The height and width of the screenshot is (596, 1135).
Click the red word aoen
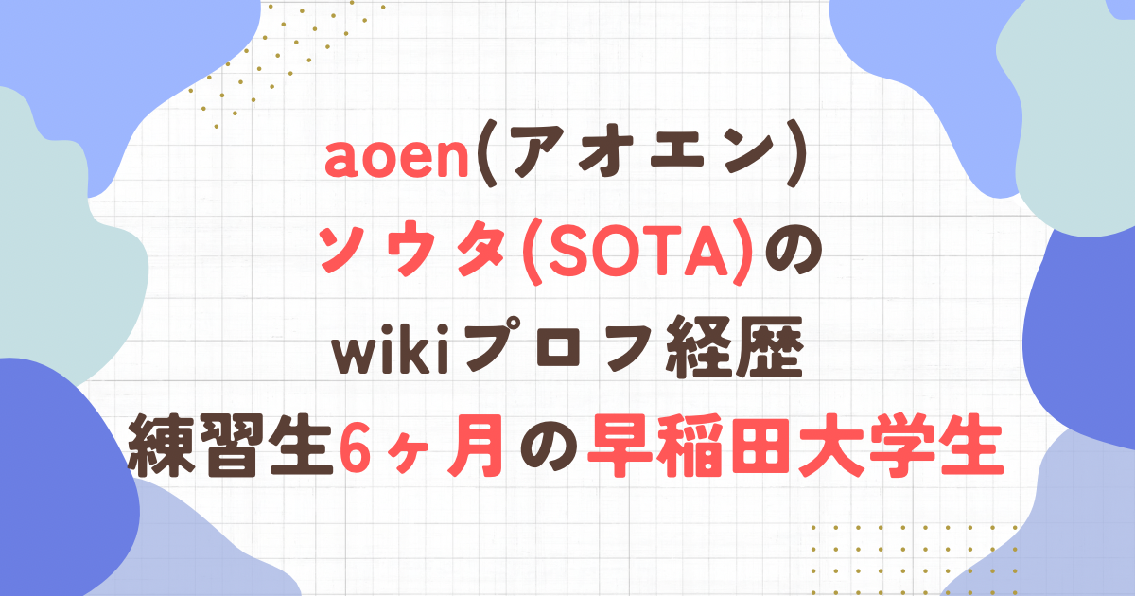396,160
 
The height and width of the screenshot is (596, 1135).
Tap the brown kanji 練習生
230,445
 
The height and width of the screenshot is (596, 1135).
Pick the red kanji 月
475,446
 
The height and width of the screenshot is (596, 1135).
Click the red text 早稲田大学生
795,445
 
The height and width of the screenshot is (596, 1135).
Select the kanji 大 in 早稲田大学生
831,446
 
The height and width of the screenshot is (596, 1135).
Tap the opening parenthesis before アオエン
485,154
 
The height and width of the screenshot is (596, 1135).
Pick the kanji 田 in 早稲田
761,446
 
